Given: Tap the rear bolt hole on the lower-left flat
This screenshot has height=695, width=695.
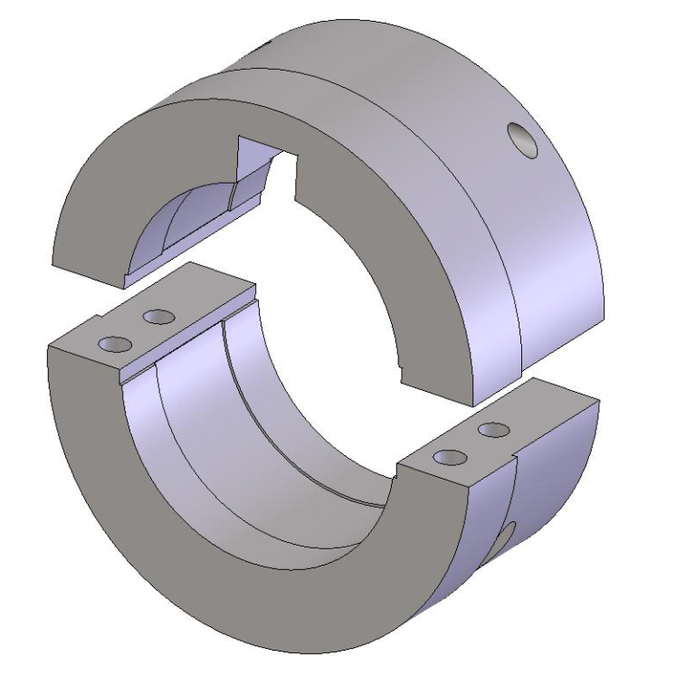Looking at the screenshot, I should [158, 317].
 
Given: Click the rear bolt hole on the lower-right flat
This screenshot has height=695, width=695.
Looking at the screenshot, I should [490, 429].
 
